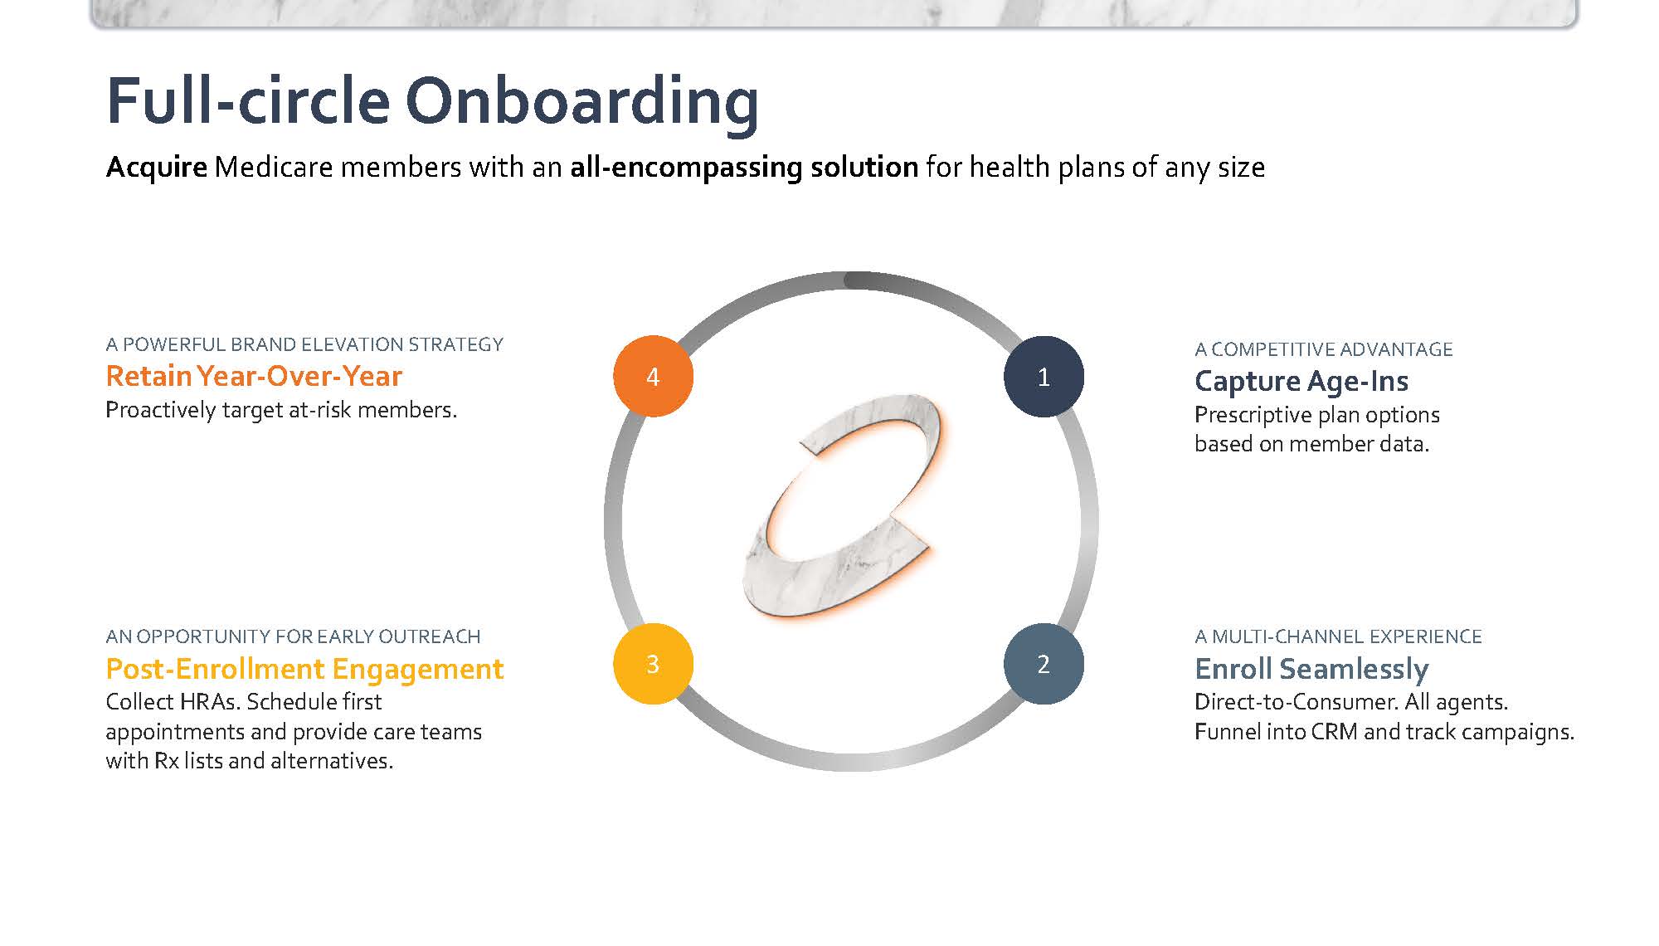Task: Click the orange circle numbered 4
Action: click(653, 376)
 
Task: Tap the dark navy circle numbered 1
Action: click(1044, 376)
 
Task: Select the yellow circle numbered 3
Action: click(653, 664)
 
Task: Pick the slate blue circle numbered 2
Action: click(1044, 664)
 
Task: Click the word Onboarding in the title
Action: click(581, 101)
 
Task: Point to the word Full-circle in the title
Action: click(248, 100)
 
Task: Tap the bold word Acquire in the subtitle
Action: click(156, 168)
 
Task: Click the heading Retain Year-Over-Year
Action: click(254, 376)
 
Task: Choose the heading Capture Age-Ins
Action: click(1301, 382)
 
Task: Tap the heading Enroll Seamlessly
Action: click(1311, 669)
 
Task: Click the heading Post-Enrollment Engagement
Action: click(304, 669)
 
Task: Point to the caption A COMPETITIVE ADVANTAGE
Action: click(1324, 349)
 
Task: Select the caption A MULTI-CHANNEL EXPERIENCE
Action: click(1338, 636)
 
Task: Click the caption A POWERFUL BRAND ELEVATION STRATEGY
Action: click(304, 344)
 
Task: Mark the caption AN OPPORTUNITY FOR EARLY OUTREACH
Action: click(293, 636)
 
